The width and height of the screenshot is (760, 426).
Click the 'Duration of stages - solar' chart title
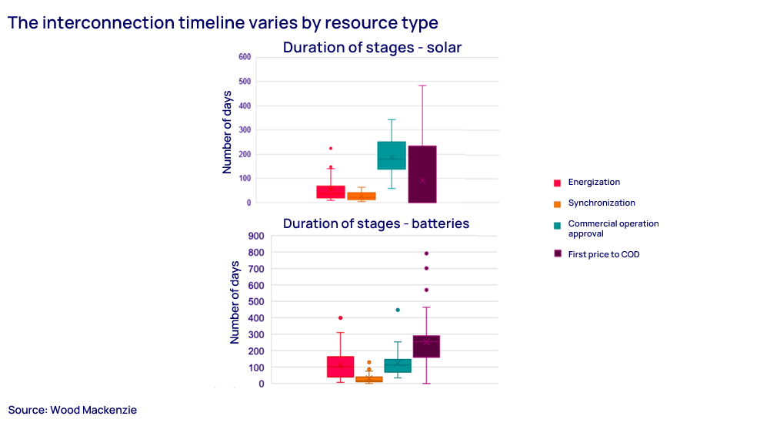[372, 48]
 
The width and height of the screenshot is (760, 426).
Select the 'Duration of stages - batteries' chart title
[375, 223]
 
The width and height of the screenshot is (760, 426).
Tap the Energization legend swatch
[557, 183]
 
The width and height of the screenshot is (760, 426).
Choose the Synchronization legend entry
[601, 203]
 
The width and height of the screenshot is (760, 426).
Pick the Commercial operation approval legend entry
[612, 229]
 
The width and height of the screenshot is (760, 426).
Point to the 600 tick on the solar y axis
[245, 57]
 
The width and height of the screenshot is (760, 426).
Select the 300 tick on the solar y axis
[245, 130]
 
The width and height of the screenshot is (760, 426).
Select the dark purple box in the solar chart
[422, 174]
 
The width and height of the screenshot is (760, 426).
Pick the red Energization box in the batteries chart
[340, 367]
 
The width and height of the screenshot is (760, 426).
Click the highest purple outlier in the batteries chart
[426, 253]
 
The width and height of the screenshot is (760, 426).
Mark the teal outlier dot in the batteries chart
[398, 310]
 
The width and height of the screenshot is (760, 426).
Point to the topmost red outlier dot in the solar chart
[331, 148]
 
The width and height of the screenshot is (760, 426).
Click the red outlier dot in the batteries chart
[340, 318]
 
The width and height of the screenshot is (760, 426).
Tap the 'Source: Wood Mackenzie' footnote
[72, 410]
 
